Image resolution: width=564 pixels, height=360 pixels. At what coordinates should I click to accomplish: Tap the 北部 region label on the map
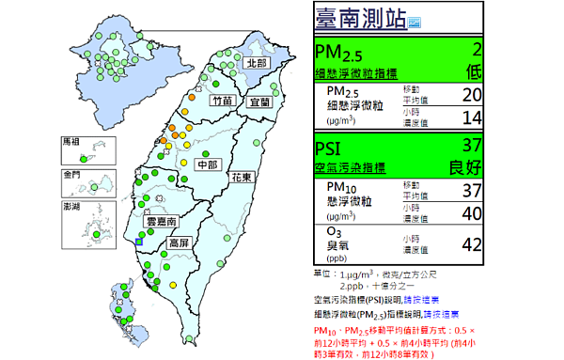tap(255, 63)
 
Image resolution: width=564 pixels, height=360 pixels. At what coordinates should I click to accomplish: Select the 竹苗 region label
tap(223, 101)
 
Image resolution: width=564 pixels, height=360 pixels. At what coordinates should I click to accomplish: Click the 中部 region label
tap(206, 165)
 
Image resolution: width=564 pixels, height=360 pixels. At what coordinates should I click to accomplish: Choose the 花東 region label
tap(242, 178)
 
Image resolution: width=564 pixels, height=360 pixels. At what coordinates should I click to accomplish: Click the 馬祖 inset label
tap(70, 141)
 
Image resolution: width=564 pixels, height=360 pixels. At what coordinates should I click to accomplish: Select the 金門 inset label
tap(70, 175)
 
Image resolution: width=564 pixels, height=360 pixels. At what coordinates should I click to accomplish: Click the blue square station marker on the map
tap(139, 242)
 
